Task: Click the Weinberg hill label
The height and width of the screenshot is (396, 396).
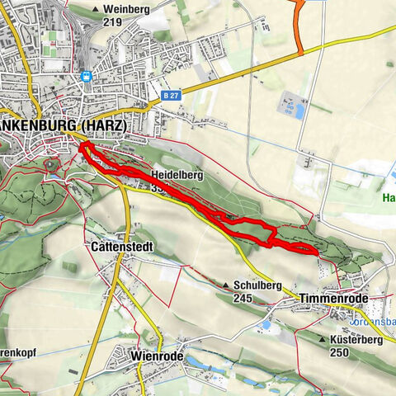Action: pyautogui.click(x=128, y=9)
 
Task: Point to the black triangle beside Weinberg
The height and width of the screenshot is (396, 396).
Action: pyautogui.click(x=97, y=10)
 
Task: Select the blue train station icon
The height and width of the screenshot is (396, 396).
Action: pyautogui.click(x=86, y=77)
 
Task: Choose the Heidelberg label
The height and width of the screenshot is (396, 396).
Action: pyautogui.click(x=178, y=176)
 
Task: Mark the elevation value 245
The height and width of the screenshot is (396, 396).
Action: pyautogui.click(x=242, y=298)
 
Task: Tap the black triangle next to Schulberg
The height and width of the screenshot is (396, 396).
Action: pyautogui.click(x=226, y=285)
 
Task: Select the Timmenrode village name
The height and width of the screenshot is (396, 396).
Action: pyautogui.click(x=332, y=297)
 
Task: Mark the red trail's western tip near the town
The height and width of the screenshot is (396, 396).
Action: pyautogui.click(x=82, y=147)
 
